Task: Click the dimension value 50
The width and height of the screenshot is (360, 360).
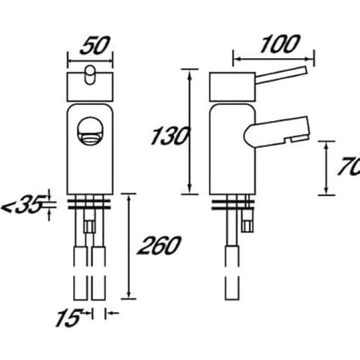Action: coord(95,45)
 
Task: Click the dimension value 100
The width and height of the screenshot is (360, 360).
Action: coord(280,44)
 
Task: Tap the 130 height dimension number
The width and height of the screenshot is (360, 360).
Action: coord(170,136)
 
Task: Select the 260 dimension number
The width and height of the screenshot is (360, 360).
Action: coord(159,245)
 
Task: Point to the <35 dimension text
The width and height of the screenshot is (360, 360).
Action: coord(23,203)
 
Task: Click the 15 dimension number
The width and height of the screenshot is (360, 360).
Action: coord(68,317)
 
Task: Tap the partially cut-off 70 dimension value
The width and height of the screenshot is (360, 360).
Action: coord(349,166)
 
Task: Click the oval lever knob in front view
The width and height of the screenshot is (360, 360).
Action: coord(90,75)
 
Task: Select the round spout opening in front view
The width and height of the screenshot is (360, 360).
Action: coord(90,131)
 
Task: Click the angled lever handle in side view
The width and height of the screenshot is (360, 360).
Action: coord(281,75)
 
